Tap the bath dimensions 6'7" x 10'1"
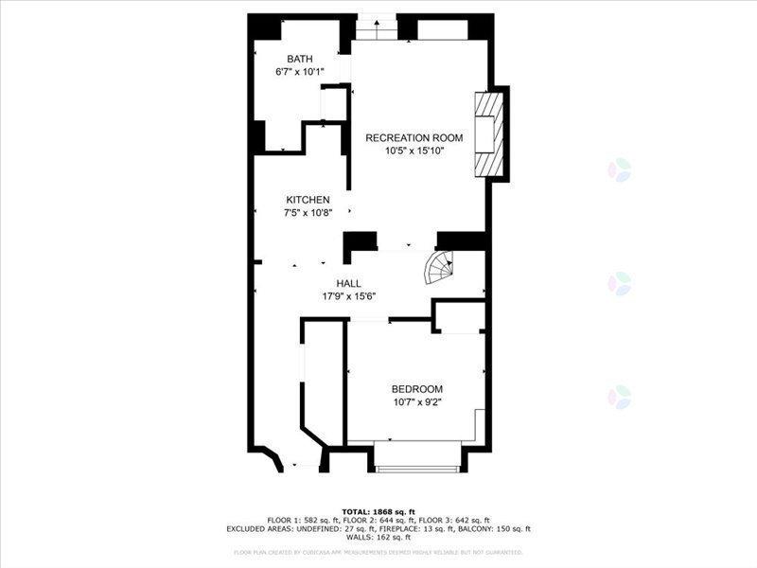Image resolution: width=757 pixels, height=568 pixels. point(300,71)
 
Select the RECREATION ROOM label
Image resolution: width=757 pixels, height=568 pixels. point(405,137)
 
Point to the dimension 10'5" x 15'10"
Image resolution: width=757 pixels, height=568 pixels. point(405,150)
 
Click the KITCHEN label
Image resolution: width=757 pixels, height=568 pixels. point(308,200)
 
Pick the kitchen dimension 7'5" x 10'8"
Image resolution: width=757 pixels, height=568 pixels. point(308,212)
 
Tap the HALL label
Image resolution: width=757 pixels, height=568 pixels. point(349,283)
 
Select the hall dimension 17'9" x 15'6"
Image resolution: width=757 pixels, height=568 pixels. point(349,295)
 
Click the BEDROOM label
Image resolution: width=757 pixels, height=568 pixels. point(417,389)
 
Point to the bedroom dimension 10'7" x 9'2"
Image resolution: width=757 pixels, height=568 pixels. point(417,401)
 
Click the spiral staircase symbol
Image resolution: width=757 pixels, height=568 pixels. point(438,269)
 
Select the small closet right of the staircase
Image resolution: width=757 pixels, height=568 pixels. point(460,316)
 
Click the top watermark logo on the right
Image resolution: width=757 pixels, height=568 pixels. point(619,170)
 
